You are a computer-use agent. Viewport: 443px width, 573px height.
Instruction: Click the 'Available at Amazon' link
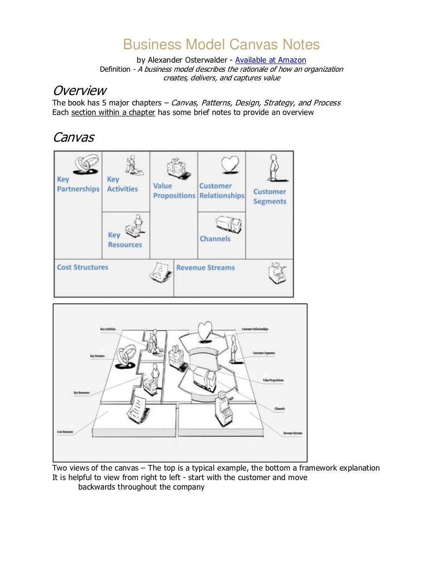click(x=270, y=60)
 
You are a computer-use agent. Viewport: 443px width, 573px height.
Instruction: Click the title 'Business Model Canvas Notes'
click(x=221, y=45)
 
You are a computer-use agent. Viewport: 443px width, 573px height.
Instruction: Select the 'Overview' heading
click(x=80, y=91)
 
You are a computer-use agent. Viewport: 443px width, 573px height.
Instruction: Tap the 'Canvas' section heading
click(x=74, y=137)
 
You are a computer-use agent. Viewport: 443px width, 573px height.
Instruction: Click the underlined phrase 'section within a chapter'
click(x=113, y=112)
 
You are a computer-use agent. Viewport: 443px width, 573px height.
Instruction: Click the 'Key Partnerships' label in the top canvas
click(x=78, y=185)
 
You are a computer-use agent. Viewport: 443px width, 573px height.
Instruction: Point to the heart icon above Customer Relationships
click(x=230, y=165)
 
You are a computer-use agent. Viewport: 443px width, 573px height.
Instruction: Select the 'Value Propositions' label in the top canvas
click(x=174, y=191)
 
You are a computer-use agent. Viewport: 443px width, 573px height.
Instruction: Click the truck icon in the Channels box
click(x=228, y=224)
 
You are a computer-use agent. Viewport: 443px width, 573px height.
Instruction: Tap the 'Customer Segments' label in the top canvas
click(x=270, y=197)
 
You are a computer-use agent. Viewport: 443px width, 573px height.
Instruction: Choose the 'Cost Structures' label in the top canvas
click(x=83, y=267)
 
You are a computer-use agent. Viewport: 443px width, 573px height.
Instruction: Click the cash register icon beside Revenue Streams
click(x=277, y=273)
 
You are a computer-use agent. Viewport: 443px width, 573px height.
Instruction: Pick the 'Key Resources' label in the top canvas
click(x=125, y=240)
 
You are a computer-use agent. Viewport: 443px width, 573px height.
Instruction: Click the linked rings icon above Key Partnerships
click(x=86, y=164)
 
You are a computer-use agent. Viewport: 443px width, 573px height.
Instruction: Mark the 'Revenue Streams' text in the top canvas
click(x=205, y=268)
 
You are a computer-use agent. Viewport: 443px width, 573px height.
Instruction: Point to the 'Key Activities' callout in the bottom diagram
click(x=108, y=329)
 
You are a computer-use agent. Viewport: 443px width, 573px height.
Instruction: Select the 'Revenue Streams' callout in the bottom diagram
click(x=293, y=433)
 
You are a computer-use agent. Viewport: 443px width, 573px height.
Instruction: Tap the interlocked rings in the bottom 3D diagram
click(x=126, y=356)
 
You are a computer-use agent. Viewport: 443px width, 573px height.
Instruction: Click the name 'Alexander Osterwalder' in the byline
click(x=187, y=60)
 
